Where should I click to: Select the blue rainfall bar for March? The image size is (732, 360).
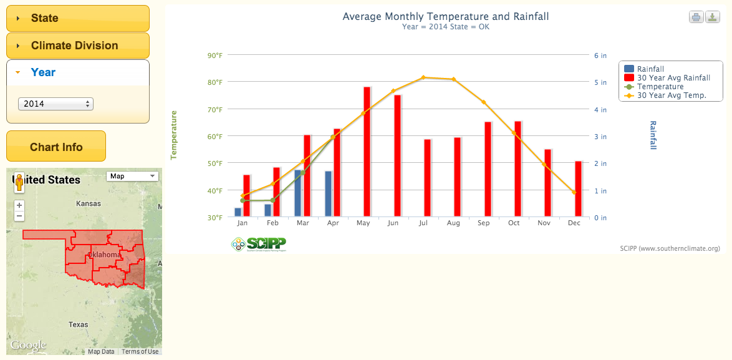tap(298, 193)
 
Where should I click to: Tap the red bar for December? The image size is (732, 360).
tap(578, 189)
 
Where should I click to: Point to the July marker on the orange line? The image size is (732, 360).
tap(423, 77)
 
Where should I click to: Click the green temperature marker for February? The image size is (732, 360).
tap(272, 200)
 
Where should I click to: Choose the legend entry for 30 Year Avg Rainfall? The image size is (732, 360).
tap(673, 78)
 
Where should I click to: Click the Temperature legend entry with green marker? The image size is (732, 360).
tap(660, 87)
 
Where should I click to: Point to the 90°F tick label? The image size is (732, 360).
tap(214, 56)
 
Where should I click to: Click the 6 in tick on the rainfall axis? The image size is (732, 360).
tap(600, 56)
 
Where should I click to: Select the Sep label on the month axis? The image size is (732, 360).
tap(484, 223)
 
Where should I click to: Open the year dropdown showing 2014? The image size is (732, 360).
tap(55, 104)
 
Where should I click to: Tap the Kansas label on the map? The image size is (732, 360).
tap(88, 204)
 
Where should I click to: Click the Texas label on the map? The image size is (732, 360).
tap(78, 324)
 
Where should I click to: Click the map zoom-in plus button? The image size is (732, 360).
tap(19, 205)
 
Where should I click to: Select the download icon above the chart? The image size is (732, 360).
tap(713, 17)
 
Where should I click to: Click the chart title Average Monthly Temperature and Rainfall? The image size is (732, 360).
tap(445, 16)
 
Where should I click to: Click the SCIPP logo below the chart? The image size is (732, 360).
tap(258, 243)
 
